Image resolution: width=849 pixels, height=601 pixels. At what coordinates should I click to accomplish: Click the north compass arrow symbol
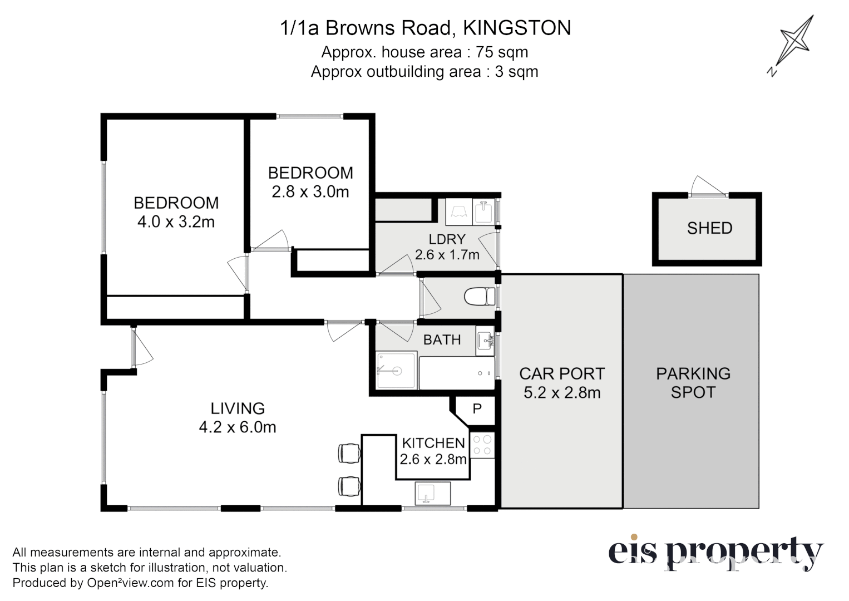point(794,45)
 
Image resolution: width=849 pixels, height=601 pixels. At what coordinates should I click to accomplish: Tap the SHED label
point(709,228)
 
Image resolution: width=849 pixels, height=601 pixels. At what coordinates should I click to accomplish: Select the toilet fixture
point(480,297)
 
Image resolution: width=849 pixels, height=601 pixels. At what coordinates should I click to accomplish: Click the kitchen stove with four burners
point(482,445)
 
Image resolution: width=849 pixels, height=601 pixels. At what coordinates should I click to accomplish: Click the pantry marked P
point(477,410)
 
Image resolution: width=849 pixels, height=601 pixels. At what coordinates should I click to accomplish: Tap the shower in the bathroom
point(396,371)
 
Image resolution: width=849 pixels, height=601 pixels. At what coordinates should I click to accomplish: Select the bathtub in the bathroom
point(456,373)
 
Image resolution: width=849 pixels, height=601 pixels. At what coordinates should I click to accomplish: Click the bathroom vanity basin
point(485,341)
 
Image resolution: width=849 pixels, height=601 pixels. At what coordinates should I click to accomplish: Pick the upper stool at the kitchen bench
point(349,453)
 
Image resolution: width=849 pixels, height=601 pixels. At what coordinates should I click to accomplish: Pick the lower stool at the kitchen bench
point(349,486)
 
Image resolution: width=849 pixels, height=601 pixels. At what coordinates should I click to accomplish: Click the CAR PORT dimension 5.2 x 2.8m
point(562,393)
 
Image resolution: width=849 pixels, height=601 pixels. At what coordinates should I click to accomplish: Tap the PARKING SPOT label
point(693,383)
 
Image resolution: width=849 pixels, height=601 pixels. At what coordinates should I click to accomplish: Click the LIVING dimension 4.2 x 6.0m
point(238,427)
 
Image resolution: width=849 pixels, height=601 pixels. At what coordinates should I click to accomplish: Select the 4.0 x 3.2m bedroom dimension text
point(176,222)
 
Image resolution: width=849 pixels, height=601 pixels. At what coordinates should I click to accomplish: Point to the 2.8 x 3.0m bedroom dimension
point(310,192)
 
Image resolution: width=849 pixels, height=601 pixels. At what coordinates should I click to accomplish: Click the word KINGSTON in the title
point(517,28)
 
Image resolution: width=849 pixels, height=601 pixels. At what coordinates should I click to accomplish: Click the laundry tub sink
point(482,212)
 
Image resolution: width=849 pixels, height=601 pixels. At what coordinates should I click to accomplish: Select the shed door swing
point(707,186)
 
